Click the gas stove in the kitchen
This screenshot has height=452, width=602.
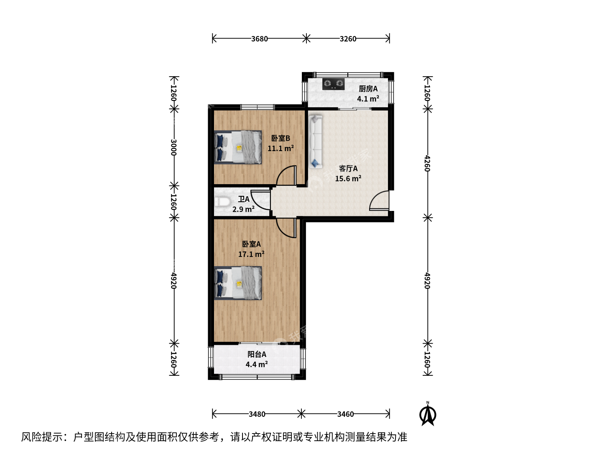(x=333, y=84)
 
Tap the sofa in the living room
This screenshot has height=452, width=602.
(x=315, y=141)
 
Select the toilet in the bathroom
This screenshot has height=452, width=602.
(x=222, y=202)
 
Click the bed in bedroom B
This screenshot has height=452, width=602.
(x=238, y=147)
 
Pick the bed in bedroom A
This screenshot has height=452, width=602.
(x=238, y=283)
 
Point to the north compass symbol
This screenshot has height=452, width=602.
(x=428, y=413)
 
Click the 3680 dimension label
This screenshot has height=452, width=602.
(x=259, y=39)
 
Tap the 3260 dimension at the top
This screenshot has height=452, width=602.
(x=348, y=39)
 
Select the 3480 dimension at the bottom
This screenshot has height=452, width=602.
(x=257, y=414)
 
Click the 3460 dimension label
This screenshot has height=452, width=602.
(x=345, y=414)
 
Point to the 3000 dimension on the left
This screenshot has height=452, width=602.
(x=173, y=147)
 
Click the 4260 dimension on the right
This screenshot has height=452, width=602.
(x=427, y=163)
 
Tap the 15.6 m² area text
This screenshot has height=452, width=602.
(x=348, y=179)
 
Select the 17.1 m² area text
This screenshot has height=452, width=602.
(x=251, y=254)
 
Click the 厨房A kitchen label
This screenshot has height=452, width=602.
(x=368, y=89)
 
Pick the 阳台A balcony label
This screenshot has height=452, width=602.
(x=257, y=354)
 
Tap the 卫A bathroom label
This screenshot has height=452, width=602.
(x=244, y=199)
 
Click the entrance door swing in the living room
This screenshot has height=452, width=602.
(x=379, y=200)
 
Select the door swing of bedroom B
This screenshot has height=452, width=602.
(x=286, y=175)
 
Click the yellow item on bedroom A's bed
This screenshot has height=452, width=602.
(x=239, y=284)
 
